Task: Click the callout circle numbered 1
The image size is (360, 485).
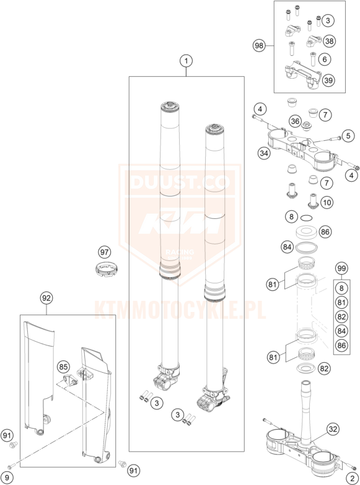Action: (x=186, y=61)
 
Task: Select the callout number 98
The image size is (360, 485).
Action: (x=259, y=46)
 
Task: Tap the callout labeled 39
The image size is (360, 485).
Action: (x=328, y=81)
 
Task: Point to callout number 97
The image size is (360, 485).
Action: (x=105, y=252)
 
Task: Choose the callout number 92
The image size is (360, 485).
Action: (x=46, y=298)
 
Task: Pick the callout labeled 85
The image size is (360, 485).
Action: (x=63, y=367)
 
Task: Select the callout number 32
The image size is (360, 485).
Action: (x=333, y=429)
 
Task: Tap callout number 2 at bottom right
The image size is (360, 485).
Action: (x=352, y=478)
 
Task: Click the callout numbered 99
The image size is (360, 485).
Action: (x=341, y=269)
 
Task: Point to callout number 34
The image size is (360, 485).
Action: (x=264, y=153)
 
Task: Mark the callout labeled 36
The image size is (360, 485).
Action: (x=296, y=122)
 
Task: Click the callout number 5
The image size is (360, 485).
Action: (x=348, y=136)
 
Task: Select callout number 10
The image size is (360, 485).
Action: (x=327, y=203)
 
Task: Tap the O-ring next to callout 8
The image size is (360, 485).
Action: (x=306, y=218)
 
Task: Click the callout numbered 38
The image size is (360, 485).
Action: (x=330, y=41)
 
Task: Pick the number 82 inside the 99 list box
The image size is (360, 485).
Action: (x=341, y=317)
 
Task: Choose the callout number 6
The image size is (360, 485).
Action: (x=325, y=59)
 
